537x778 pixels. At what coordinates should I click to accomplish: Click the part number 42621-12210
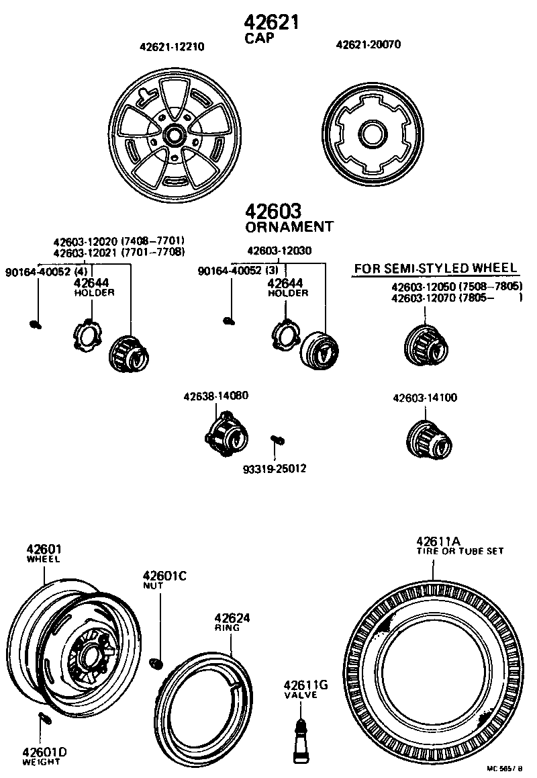pyautogui.click(x=172, y=47)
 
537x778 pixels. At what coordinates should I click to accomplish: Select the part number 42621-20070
pyautogui.click(x=368, y=45)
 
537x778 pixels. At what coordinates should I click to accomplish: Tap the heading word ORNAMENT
pyautogui.click(x=289, y=226)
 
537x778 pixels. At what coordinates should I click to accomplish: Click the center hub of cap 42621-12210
pyautogui.click(x=173, y=134)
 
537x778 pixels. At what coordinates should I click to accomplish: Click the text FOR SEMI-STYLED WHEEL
pyautogui.click(x=436, y=269)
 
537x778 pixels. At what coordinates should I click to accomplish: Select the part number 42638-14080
pyautogui.click(x=216, y=396)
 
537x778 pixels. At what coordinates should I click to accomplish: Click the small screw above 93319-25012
pyautogui.click(x=277, y=440)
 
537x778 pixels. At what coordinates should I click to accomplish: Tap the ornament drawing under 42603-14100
pyautogui.click(x=430, y=437)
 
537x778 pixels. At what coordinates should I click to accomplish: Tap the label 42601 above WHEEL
pyautogui.click(x=44, y=549)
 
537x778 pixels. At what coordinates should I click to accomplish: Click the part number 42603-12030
pyautogui.click(x=279, y=251)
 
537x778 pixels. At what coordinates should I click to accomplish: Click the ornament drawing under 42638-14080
pyautogui.click(x=226, y=434)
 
